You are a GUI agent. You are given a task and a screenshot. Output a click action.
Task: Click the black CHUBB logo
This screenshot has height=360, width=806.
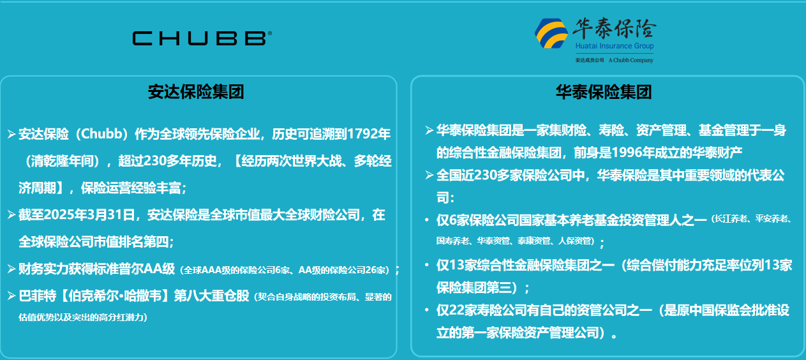click(202, 38)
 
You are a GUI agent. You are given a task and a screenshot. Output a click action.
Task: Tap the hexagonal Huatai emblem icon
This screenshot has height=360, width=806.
click(551, 33)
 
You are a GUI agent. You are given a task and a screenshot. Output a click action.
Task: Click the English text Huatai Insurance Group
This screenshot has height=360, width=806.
click(615, 46)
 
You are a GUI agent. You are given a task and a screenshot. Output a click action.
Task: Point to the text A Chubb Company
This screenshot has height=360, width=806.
click(631, 60)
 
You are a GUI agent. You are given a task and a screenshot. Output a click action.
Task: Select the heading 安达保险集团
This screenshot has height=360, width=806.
click(196, 92)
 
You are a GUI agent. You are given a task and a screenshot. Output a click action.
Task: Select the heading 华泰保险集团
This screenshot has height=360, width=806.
click(604, 92)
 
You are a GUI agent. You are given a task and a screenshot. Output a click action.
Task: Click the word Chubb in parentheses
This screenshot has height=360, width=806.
click(102, 134)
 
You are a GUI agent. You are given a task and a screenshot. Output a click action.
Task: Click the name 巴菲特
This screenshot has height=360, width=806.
click(38, 296)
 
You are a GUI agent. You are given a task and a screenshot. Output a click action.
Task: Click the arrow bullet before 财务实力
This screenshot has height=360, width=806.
click(11, 269)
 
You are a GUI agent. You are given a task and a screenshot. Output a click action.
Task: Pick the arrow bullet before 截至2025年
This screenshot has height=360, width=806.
click(11, 215)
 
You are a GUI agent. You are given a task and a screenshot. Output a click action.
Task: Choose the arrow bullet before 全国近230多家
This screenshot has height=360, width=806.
click(429, 176)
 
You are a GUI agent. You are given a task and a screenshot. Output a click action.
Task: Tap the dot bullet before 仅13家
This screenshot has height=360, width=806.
click(427, 265)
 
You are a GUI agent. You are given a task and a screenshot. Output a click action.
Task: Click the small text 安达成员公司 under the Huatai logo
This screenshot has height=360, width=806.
click(590, 60)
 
